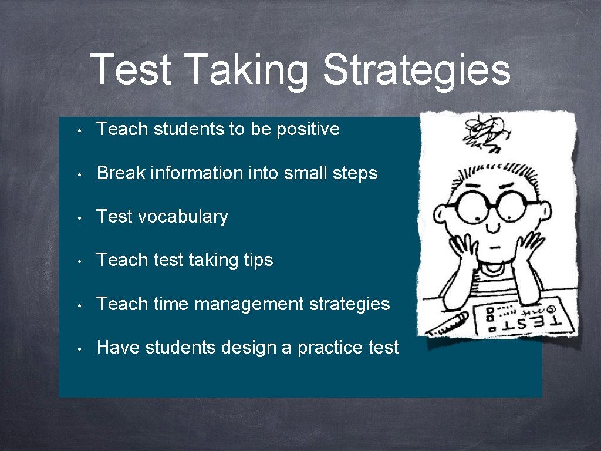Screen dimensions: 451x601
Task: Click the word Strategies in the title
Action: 417,70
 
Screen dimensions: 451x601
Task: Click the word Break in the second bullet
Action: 121,173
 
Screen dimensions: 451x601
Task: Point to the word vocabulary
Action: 183,217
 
